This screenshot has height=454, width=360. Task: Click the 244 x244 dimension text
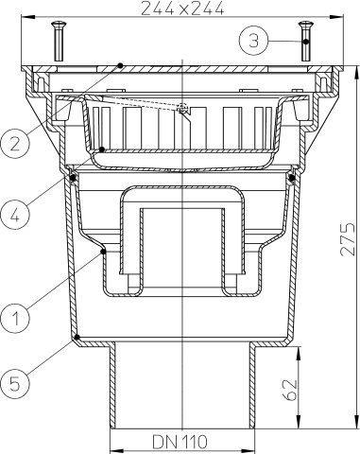tap(180, 9)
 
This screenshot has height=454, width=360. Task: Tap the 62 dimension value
tap(292, 388)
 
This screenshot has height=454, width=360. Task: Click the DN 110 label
tap(180, 442)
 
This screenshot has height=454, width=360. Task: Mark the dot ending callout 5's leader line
tap(75, 337)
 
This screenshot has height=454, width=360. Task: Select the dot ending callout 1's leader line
tap(103, 252)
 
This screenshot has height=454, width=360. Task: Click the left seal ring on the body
tap(72, 177)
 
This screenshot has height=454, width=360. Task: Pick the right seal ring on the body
tap(291, 177)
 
